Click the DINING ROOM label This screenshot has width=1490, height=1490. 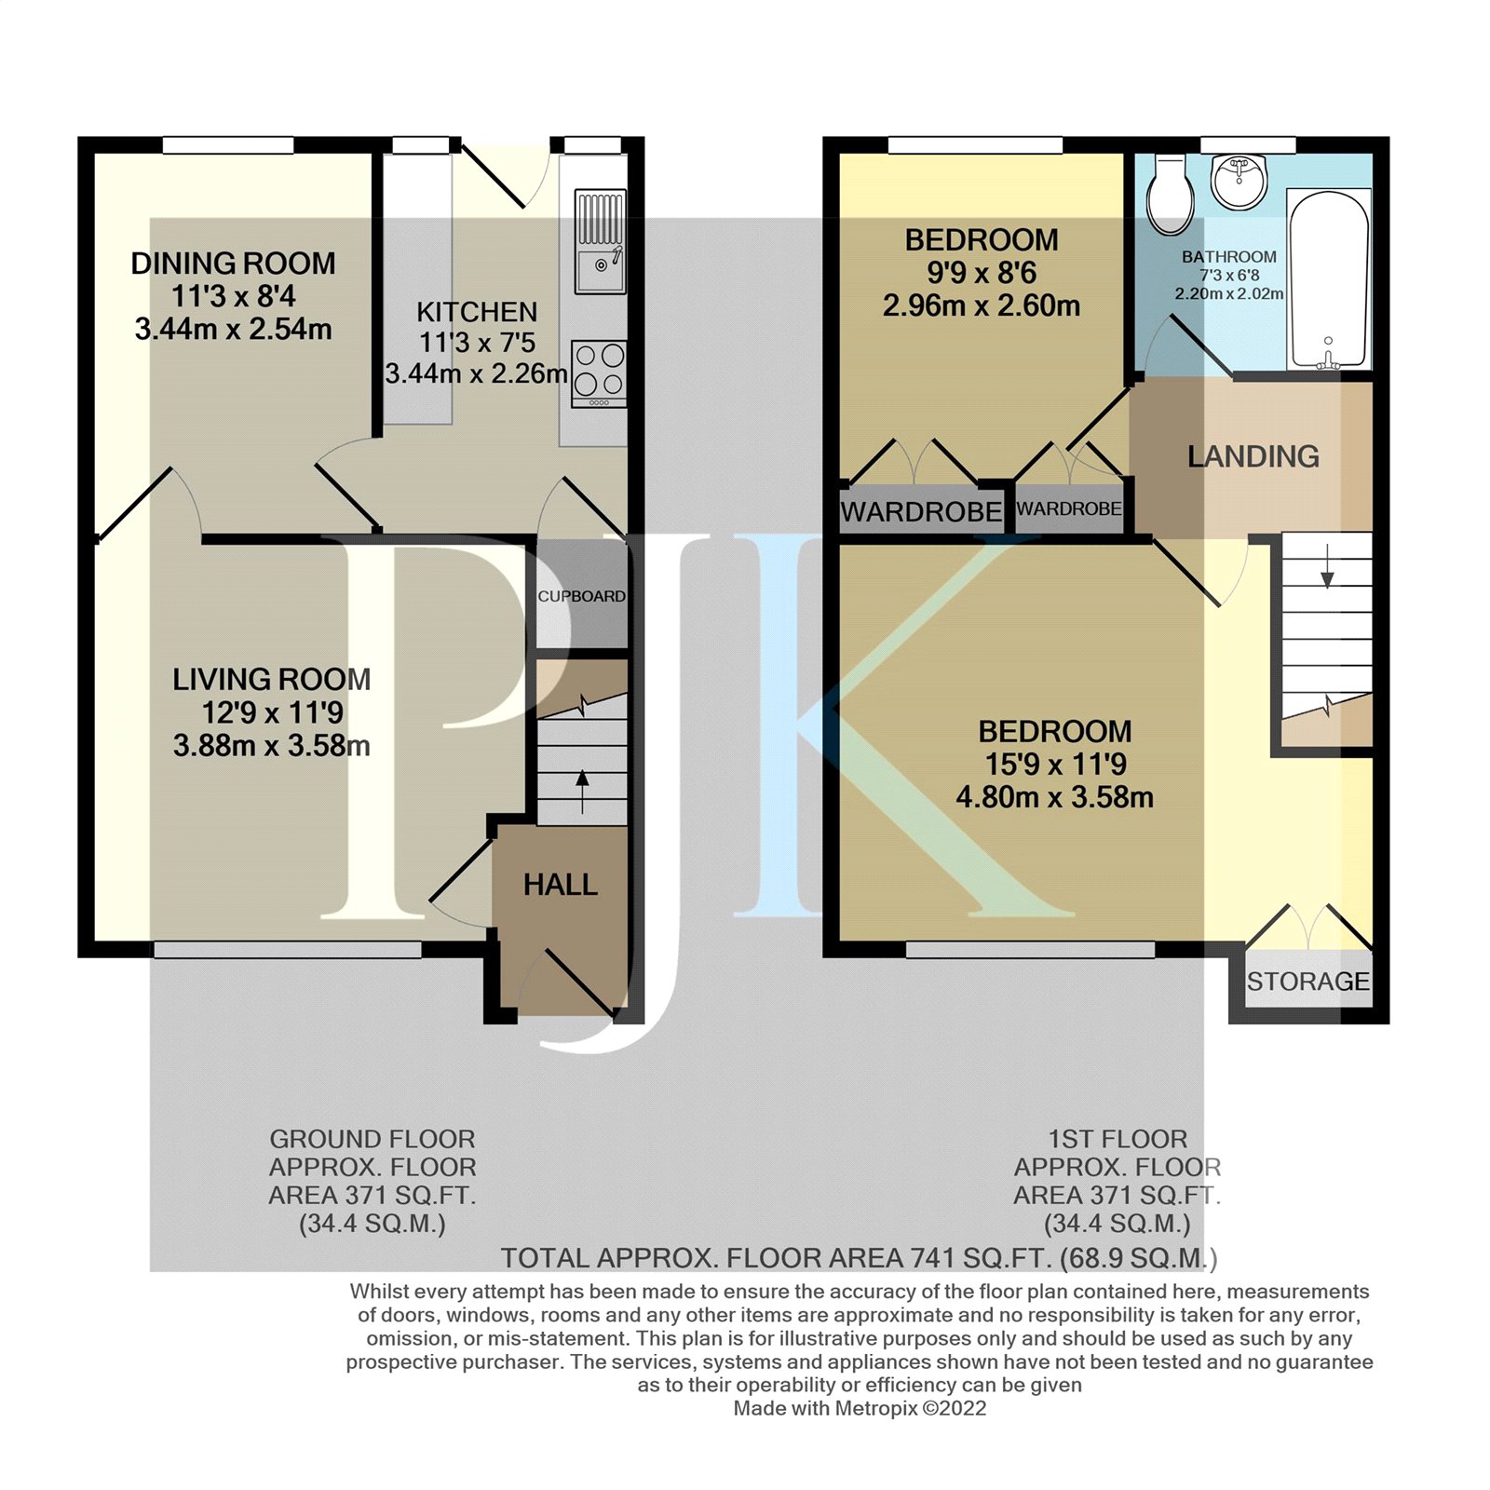(233, 264)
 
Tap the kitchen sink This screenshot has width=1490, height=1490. (600, 241)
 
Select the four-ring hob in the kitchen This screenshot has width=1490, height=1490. (600, 373)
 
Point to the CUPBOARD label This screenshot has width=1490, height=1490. (581, 596)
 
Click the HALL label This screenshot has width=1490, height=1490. (560, 885)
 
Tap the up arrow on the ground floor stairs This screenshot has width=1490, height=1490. (583, 791)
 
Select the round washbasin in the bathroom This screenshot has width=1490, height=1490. (1239, 182)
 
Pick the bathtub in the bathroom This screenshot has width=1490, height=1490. (1328, 279)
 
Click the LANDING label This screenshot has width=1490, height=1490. (1253, 456)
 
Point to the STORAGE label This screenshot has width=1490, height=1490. (1307, 982)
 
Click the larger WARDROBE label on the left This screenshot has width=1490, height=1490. (920, 512)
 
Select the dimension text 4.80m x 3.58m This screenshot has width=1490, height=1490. (1054, 797)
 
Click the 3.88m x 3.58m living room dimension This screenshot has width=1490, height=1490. (271, 746)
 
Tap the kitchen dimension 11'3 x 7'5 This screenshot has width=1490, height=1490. (477, 343)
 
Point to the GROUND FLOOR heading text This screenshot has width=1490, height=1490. (372, 1139)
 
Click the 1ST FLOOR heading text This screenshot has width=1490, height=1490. (1117, 1139)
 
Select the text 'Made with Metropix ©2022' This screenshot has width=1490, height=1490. (860, 1408)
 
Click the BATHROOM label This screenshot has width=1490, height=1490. (1229, 257)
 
